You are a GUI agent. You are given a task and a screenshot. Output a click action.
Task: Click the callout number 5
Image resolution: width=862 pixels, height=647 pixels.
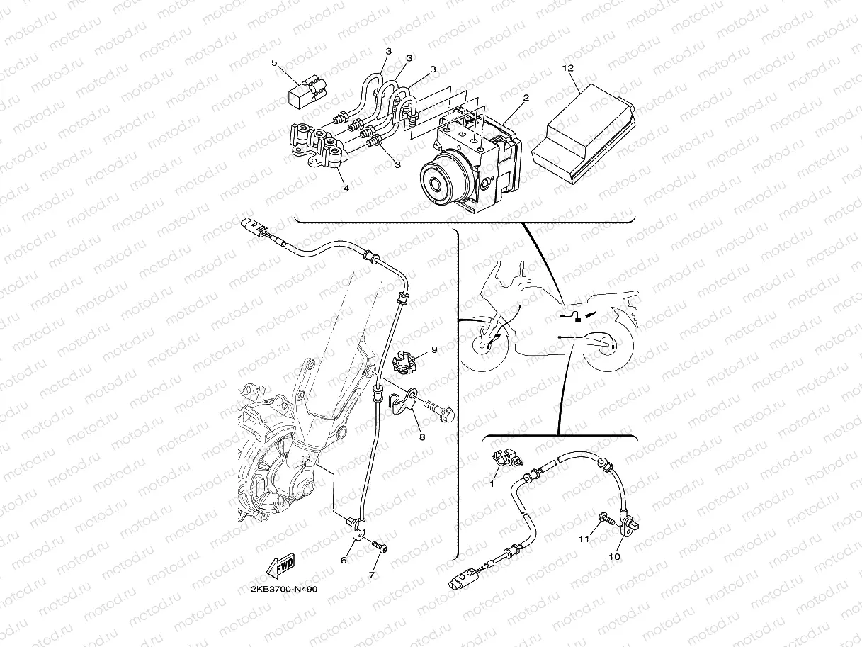pos(274,63)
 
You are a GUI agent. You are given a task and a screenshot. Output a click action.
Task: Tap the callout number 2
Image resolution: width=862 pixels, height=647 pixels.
pos(526,97)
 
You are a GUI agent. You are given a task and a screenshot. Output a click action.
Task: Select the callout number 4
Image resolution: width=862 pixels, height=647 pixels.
pos(346,189)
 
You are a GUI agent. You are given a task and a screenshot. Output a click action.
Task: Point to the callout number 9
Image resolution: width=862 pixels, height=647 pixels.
pos(434,349)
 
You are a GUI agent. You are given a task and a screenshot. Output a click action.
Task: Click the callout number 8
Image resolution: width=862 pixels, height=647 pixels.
pos(422,437)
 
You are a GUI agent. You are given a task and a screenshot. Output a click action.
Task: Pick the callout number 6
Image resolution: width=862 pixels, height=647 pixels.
pos(344,560)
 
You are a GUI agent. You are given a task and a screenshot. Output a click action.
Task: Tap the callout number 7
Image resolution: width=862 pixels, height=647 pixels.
pos(372,575)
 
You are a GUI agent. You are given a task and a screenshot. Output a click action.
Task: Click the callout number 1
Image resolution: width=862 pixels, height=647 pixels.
pos(492,485)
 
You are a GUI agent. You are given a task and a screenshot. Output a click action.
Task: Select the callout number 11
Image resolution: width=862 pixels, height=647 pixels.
pos(584,539)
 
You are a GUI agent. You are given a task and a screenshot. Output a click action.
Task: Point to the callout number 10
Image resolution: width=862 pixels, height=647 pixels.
pos(614,557)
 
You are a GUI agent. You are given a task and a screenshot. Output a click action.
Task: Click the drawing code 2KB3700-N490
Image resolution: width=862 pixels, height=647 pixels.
pos(284,589)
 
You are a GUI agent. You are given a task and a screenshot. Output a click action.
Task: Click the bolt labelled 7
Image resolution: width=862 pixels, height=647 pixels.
pos(380,547)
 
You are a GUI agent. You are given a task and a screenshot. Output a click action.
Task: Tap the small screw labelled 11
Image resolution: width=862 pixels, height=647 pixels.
pos(606,519)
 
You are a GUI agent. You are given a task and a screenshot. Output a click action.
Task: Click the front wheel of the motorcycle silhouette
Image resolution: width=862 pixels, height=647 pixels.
pos(484,345)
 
